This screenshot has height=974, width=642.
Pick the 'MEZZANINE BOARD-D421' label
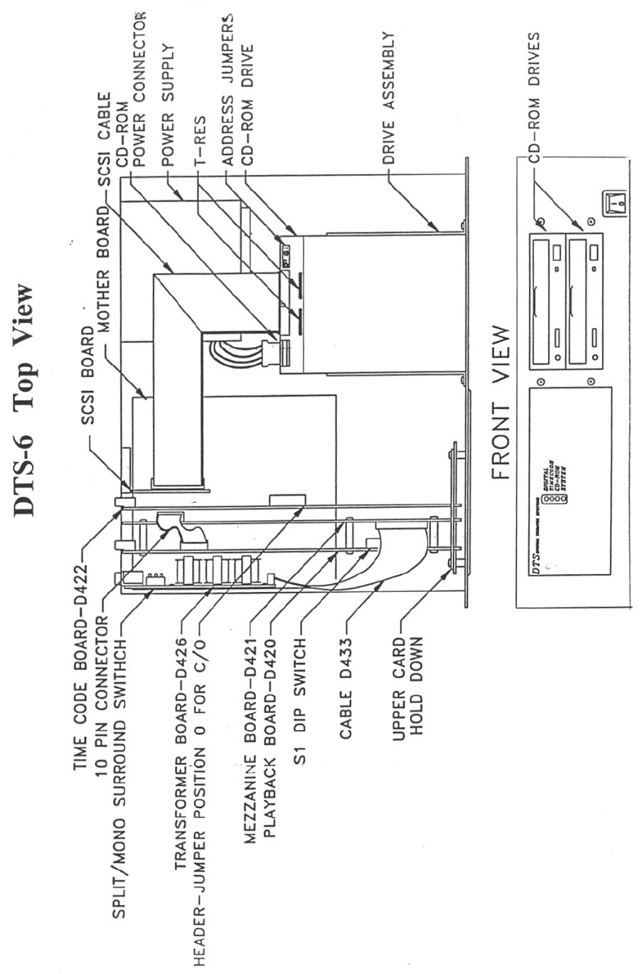click(250, 741)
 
